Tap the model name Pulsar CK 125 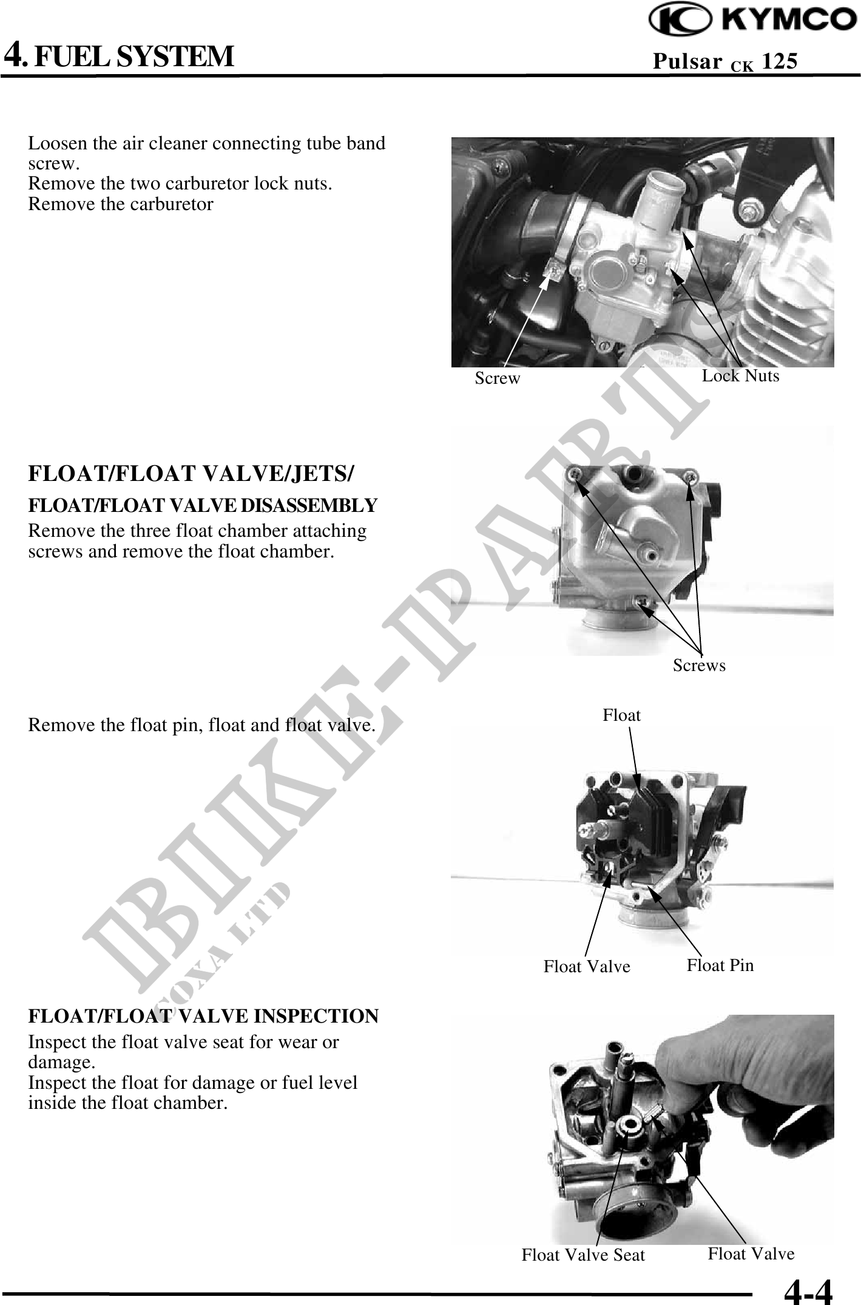(x=725, y=61)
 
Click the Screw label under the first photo (x=498, y=378)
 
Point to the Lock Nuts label (x=740, y=376)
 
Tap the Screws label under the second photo (x=699, y=666)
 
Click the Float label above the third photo (x=621, y=715)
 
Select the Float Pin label (x=720, y=965)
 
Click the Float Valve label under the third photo (x=587, y=967)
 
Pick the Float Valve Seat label (x=583, y=1255)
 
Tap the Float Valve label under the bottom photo (x=751, y=1254)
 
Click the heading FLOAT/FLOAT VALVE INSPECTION (x=203, y=1016)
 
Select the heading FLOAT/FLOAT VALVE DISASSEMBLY (x=203, y=505)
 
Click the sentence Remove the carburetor (x=121, y=204)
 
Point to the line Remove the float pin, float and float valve (x=201, y=726)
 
